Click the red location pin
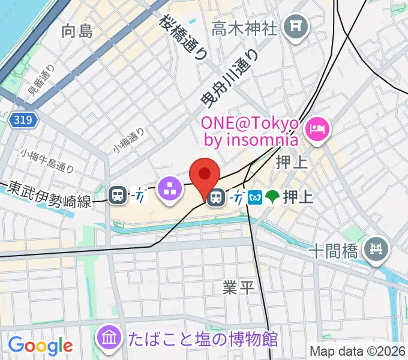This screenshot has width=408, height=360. pyautogui.click(x=205, y=175)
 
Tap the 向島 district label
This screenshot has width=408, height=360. pyautogui.click(x=77, y=31)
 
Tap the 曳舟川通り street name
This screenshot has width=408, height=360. pyautogui.click(x=230, y=79)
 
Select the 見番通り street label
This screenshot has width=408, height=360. pyautogui.click(x=41, y=81)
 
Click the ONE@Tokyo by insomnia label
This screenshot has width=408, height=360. pyautogui.click(x=250, y=131)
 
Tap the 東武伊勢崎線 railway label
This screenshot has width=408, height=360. pyautogui.click(x=49, y=195)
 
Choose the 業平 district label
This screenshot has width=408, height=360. pyautogui.click(x=239, y=288)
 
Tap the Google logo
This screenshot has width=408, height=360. pyautogui.click(x=40, y=345)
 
